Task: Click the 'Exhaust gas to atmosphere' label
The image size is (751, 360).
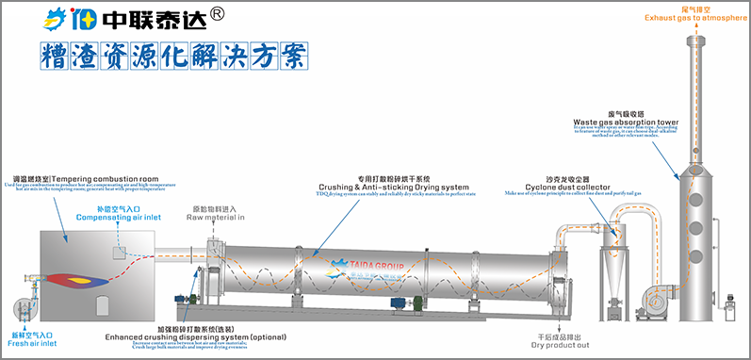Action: tap(696, 17)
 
